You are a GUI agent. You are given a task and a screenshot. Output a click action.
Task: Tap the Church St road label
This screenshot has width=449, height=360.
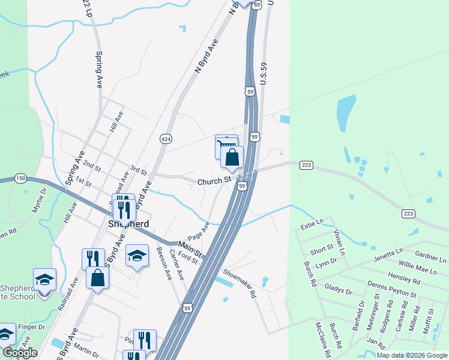(214, 180)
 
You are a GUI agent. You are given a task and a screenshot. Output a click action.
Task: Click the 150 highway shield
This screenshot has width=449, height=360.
(21, 178)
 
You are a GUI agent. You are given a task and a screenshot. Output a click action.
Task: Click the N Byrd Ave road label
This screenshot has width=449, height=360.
(205, 58)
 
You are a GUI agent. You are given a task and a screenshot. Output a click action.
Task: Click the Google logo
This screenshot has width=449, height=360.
(20, 353)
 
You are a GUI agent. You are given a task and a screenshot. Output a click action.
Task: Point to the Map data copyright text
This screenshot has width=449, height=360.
(411, 355)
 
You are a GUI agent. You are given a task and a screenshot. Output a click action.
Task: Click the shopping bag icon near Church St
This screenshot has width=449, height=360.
(232, 158)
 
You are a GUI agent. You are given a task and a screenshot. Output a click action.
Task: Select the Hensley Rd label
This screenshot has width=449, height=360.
(404, 279)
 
